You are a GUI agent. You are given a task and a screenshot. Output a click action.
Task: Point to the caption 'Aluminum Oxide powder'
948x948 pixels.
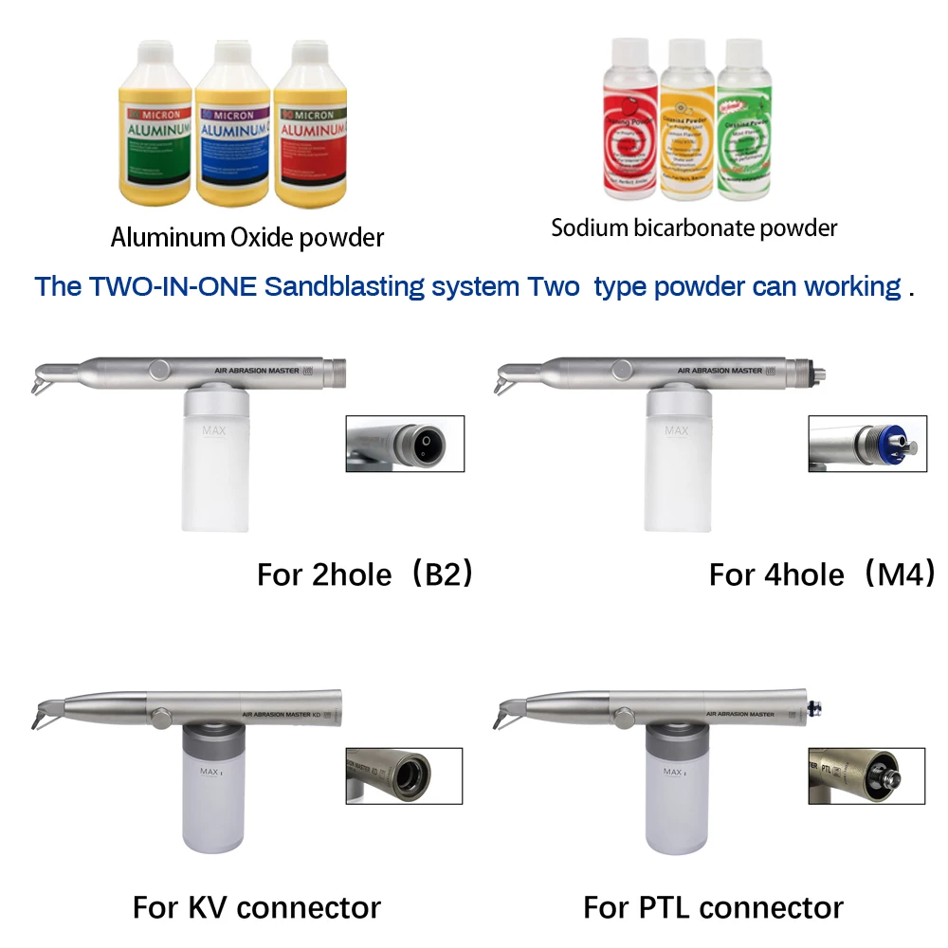pos(247,237)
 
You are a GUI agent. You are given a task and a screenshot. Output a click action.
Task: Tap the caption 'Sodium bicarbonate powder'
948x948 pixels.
pos(695,228)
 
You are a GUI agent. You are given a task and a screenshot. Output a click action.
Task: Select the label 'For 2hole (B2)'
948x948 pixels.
pos(365,574)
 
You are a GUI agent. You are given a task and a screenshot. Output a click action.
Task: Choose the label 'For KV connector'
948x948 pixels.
pos(257,907)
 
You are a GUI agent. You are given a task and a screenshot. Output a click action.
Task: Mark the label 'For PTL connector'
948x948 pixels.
pos(713,907)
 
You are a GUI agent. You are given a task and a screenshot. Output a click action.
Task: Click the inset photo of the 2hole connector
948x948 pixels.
pos(405,443)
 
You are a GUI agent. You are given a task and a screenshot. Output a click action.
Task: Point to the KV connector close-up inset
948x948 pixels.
pos(404,775)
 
